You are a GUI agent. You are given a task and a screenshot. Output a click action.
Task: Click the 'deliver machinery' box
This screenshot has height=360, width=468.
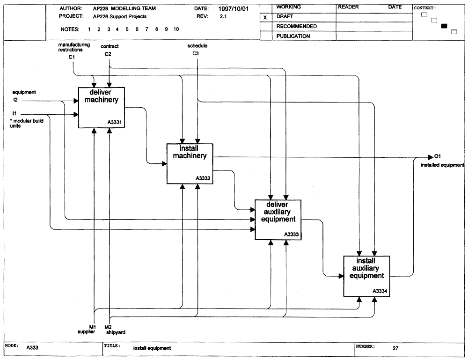pos(102,108)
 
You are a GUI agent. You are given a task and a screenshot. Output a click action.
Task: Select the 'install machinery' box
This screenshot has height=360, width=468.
pos(190,164)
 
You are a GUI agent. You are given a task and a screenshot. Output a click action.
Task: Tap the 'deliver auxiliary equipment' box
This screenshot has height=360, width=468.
pos(278,220)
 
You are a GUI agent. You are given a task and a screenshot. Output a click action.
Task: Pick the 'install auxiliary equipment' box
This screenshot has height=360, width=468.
pos(366,276)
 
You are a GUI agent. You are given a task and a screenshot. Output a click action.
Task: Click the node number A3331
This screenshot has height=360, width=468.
pos(115,122)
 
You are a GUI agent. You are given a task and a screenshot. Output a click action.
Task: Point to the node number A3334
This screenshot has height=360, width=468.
pos(380,291)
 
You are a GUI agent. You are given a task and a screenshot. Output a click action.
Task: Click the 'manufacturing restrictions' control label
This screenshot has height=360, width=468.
pos(74,47)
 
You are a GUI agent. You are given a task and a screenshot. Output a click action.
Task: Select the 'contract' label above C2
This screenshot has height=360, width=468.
pos(110,46)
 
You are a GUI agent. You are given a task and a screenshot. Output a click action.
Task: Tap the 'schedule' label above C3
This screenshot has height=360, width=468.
pos(197,46)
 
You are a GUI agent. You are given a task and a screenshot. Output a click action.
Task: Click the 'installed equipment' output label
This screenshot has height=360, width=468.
pos(443,165)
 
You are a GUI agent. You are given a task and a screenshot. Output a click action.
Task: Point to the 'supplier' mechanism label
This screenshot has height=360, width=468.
pos(86,331)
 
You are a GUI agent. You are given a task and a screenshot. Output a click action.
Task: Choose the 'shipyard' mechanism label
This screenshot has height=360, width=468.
pos(116,332)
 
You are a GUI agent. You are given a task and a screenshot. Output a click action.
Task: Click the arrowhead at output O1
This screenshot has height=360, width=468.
pos(431,157)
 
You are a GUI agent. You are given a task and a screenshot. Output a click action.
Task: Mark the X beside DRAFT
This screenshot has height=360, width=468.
pos(265,18)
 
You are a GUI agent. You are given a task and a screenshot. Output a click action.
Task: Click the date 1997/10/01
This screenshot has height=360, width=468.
pos(234,8)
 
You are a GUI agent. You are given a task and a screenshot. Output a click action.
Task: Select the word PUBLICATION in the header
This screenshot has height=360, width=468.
pos(293,36)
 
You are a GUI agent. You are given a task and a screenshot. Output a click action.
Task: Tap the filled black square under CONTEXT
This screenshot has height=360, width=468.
pos(445,26)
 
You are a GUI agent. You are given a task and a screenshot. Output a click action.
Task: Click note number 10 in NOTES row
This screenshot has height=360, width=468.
pos(176,29)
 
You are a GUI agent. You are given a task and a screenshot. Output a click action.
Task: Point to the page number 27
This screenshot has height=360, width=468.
pos(395,348)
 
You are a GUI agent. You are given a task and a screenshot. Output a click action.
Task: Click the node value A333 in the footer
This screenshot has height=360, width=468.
pos(32,347)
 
